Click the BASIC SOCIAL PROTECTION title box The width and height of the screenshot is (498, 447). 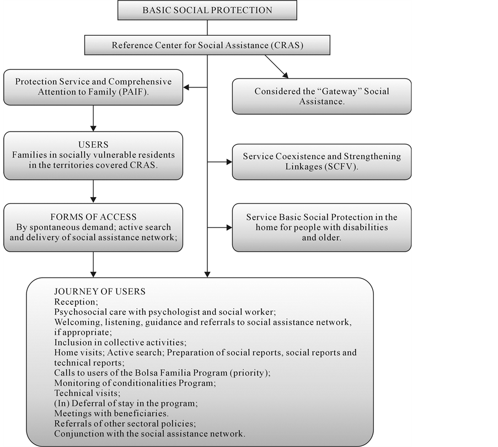[207, 10]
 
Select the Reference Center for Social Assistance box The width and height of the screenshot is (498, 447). [207, 45]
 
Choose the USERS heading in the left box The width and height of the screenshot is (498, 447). [93, 145]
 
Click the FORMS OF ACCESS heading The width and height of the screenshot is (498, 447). [93, 217]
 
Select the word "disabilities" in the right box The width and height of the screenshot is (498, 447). [365, 227]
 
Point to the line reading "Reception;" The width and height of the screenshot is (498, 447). [76, 302]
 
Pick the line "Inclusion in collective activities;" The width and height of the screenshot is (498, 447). [120, 342]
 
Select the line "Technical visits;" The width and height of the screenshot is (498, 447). [86, 393]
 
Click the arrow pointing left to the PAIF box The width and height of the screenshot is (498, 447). [195, 87]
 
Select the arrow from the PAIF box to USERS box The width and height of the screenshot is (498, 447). [93, 118]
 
